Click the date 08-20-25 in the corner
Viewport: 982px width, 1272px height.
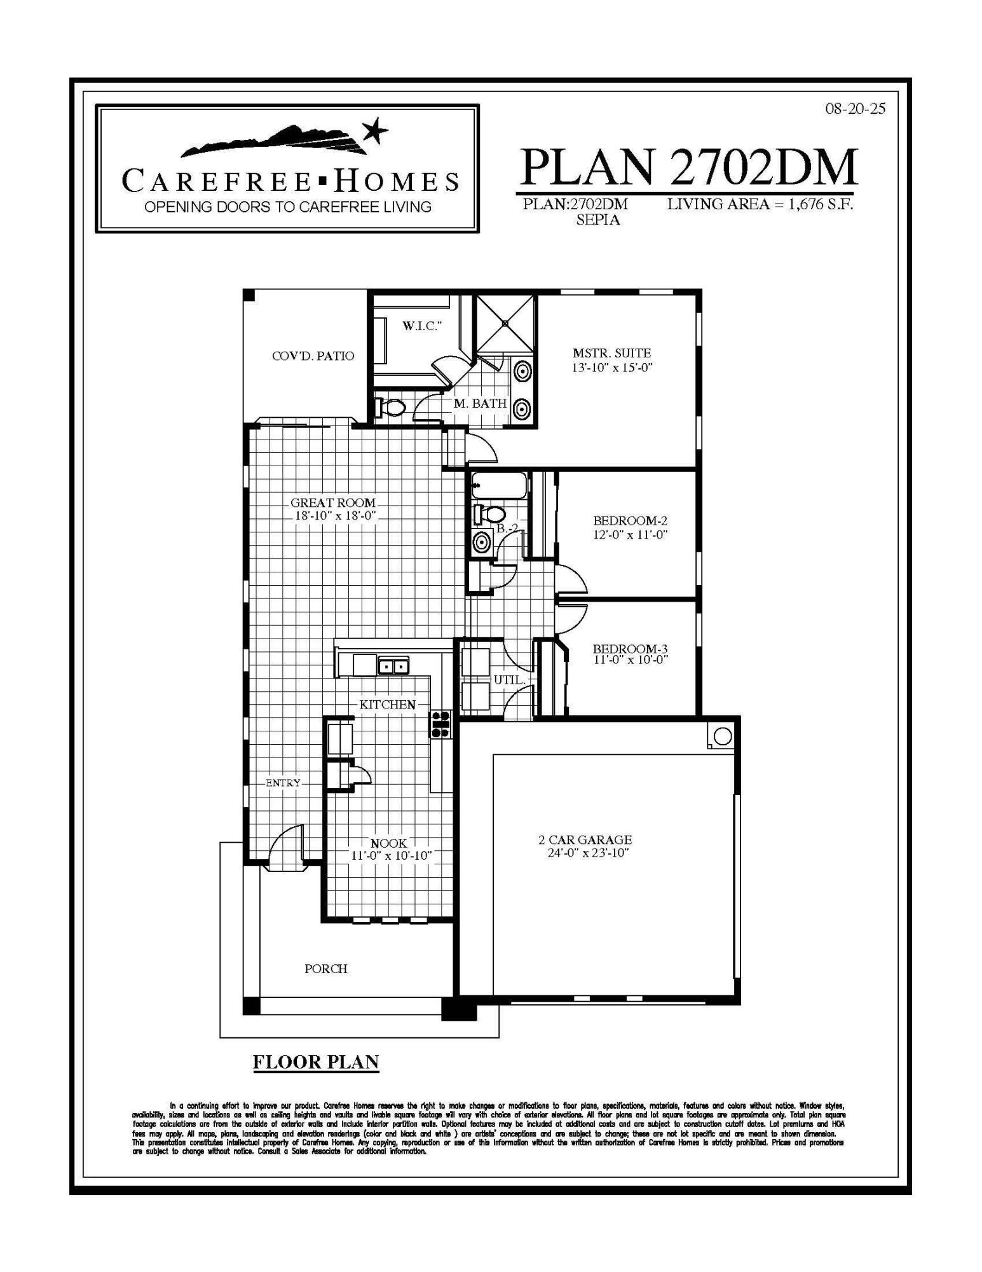click(855, 109)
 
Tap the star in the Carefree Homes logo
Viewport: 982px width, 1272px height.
click(375, 131)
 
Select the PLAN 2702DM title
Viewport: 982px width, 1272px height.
click(688, 167)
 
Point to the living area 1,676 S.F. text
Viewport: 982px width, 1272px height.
click(760, 205)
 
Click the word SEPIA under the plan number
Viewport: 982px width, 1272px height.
click(597, 220)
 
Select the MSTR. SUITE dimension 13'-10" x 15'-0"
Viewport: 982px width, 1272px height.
click(612, 368)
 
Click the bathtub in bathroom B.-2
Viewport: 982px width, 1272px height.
click(499, 487)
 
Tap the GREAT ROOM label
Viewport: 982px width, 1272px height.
click(333, 503)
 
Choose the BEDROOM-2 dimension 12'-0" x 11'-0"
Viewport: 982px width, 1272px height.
click(630, 535)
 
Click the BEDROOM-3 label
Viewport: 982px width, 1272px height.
click(630, 649)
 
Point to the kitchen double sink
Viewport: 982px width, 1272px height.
click(393, 667)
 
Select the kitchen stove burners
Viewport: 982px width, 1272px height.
click(440, 724)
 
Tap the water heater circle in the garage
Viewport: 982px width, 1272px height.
click(723, 736)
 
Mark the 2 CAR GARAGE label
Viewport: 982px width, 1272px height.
click(585, 840)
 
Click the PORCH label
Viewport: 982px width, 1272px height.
click(325, 969)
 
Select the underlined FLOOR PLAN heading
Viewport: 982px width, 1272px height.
click(316, 1061)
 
